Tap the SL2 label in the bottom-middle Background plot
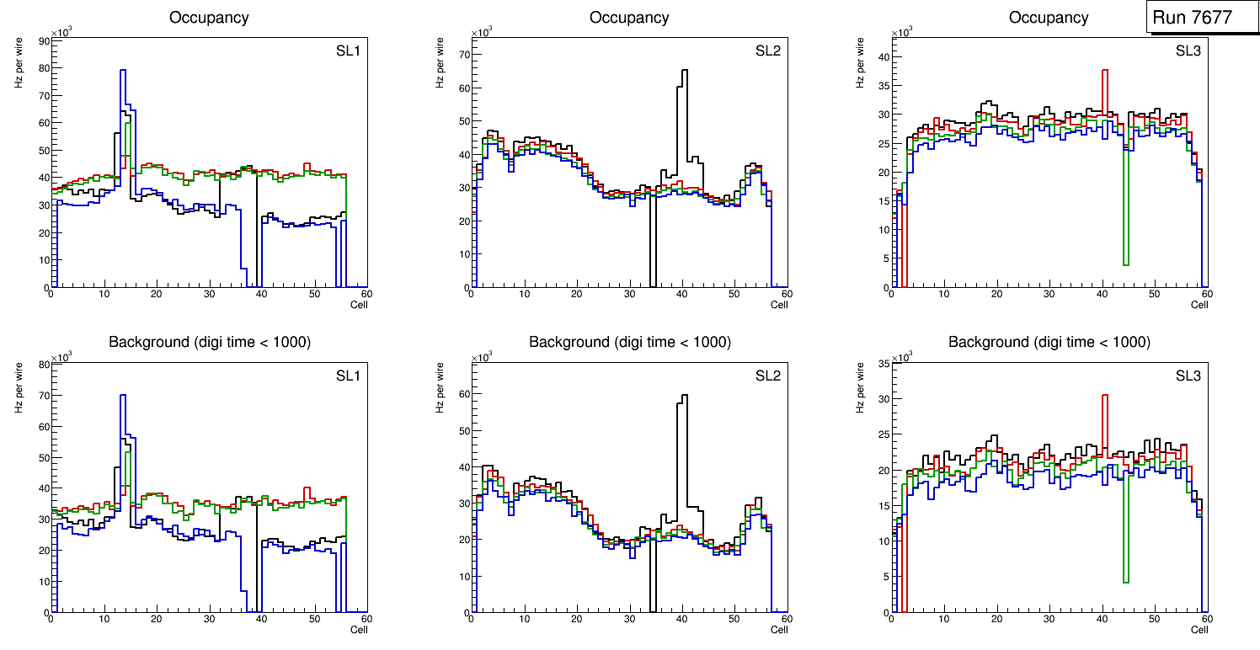(768, 376)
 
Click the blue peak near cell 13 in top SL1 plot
(122, 72)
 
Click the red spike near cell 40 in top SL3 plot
(1104, 72)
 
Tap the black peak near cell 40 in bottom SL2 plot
(683, 397)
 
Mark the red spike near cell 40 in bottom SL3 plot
(1104, 397)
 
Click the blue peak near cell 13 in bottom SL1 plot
(122, 397)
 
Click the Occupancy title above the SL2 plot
(629, 18)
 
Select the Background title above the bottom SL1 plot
(209, 342)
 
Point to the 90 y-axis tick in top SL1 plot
(43, 40)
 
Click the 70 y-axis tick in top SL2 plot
(462, 55)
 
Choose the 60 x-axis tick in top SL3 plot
(1206, 295)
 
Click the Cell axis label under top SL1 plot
(359, 304)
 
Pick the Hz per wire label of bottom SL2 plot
(440, 387)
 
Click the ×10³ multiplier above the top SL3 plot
(901, 32)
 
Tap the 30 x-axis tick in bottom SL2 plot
(629, 619)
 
